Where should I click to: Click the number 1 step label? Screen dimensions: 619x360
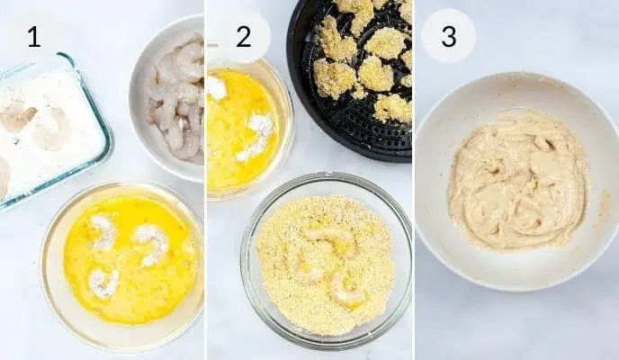click(34, 36)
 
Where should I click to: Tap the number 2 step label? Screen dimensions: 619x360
click(244, 36)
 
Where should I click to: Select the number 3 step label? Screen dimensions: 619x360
click(449, 36)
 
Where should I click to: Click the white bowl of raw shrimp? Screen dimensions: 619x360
click(167, 99)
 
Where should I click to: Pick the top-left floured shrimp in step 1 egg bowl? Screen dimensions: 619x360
click(103, 233)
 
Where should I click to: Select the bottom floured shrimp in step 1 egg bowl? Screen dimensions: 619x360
click(103, 283)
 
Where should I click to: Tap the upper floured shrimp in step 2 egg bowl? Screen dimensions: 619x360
click(216, 87)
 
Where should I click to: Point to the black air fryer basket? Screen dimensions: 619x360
click(352, 79)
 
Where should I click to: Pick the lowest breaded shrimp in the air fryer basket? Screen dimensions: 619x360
click(393, 108)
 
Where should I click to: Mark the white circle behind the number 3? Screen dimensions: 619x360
click(449, 36)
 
